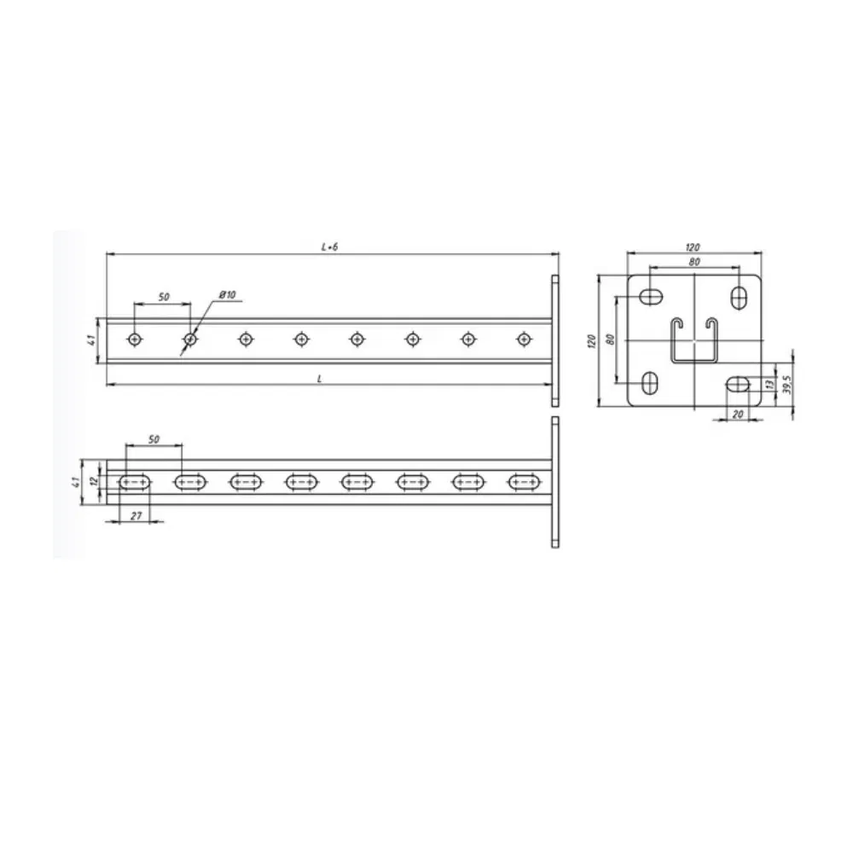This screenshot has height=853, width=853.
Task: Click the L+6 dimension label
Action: (329, 247)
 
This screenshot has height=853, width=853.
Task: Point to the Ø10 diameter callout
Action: (228, 295)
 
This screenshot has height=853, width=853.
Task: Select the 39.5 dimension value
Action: (786, 385)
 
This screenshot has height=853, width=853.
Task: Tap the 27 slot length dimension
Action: (136, 515)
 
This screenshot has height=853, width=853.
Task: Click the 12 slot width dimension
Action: (94, 481)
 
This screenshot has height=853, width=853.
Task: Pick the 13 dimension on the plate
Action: (769, 384)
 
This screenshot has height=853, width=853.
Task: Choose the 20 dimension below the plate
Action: (737, 414)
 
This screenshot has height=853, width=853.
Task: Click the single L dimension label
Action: (319, 379)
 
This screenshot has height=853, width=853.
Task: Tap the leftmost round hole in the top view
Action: (135, 339)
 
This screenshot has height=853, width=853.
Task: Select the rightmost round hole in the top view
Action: (524, 339)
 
